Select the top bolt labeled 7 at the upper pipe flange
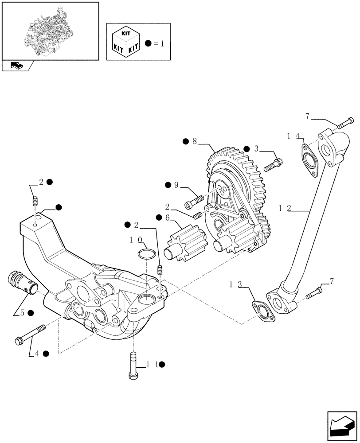(x=346, y=122)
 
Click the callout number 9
(x=176, y=185)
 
